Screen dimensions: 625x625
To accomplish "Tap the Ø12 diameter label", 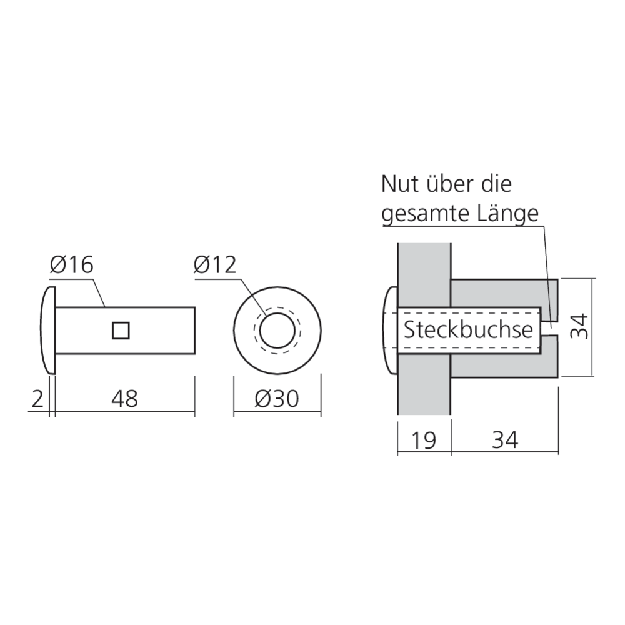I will tap(214, 266).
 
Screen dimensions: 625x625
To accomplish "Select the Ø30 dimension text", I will tap(277, 399).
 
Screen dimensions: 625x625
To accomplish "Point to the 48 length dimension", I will tap(124, 399).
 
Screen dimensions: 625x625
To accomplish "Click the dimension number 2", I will tap(37, 399).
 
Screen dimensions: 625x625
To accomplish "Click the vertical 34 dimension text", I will tap(581, 326).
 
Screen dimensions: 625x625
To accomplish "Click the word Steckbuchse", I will tap(468, 329).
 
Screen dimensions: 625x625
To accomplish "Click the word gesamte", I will tap(424, 214).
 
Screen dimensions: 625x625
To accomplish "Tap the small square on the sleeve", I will tap(121, 331).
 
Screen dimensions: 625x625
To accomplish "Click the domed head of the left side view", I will tap(47, 330).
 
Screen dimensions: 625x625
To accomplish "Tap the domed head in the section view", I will tap(389, 330).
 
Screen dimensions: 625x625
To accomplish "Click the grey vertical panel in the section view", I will tap(423, 387).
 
